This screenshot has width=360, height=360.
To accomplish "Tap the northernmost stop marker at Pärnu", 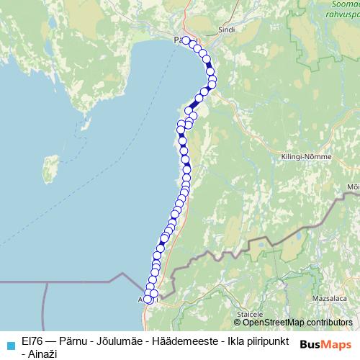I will point(185,40).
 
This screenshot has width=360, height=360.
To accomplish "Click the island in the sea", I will point(50,170).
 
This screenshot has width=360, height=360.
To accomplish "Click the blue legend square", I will point(8,343).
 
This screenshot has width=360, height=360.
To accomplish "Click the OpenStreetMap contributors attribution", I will point(292,323).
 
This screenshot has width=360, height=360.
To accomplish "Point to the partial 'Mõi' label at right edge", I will point(353,186).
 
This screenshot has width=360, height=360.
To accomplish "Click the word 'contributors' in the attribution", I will point(330,323).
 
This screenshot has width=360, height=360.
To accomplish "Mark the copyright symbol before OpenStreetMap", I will point(238,323).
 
